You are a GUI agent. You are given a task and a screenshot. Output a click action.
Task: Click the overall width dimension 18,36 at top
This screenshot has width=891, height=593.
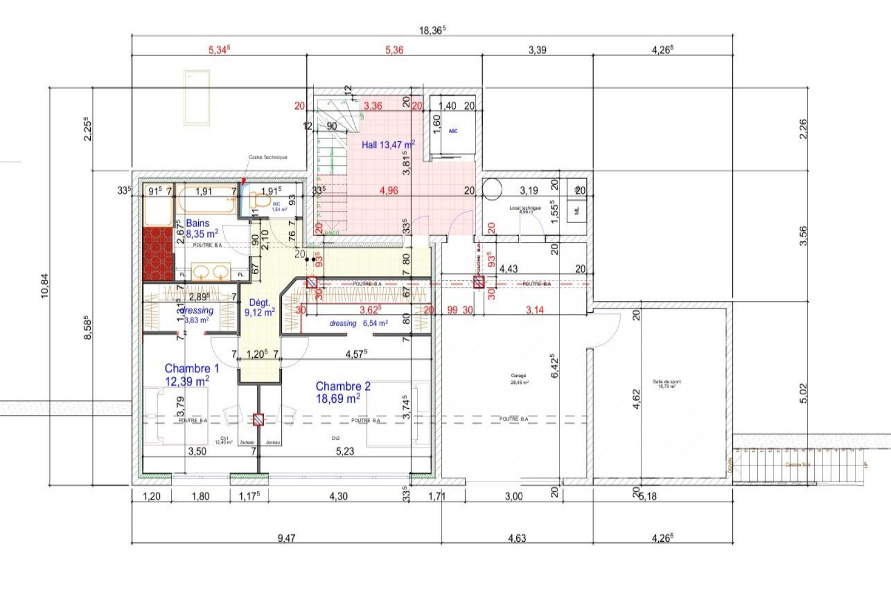[x=432, y=30]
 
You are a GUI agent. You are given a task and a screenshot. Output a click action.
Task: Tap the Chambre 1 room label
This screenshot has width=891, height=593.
[x=191, y=368]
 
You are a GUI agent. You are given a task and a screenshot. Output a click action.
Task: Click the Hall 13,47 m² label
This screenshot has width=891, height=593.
[x=388, y=145]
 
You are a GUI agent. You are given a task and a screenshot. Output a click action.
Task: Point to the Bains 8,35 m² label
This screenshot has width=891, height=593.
[x=200, y=229]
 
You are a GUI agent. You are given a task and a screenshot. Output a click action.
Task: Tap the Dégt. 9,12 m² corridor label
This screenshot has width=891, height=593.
[x=259, y=307]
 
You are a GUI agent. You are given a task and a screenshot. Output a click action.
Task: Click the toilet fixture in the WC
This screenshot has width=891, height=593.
[x=260, y=200]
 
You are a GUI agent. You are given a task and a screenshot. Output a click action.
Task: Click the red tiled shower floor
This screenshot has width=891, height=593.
[x=158, y=254]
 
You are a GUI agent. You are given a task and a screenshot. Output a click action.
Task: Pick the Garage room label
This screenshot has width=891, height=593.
[x=518, y=376]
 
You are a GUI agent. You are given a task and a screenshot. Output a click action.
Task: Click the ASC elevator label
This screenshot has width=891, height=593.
[x=453, y=131]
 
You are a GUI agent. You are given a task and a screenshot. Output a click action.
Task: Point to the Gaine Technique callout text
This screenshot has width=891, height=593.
[x=268, y=157]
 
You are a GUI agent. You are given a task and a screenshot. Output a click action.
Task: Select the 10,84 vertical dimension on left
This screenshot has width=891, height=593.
[x=45, y=286]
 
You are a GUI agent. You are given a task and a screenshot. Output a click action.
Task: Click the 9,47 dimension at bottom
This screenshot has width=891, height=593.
[x=286, y=538]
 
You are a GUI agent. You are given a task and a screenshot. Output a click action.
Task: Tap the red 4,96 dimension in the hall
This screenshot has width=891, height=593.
[x=389, y=190]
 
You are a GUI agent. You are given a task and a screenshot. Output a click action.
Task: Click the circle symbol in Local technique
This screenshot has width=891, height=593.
[x=492, y=189]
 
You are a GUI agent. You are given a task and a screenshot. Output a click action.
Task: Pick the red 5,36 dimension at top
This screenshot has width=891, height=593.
[x=394, y=50]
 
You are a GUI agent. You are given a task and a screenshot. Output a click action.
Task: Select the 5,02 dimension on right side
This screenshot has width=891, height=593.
[x=803, y=393]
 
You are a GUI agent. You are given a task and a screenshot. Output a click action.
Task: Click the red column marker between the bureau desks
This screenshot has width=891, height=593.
[x=258, y=419]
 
